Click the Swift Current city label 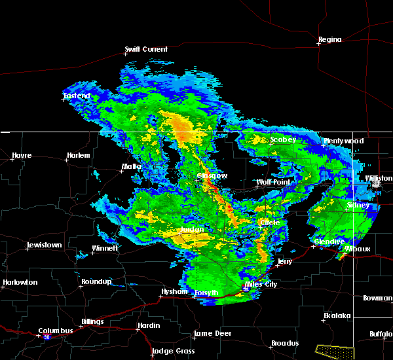coord(146,49)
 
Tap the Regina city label coord(329,40)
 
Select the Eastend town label coord(77,96)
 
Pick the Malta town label coord(132,167)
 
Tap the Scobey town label coord(283,139)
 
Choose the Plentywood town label coord(344,141)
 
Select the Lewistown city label coord(44,245)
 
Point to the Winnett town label coord(105,248)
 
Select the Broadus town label coord(284,343)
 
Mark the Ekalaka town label coord(337,315)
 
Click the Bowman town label coord(377,298)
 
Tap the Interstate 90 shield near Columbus coord(47,337)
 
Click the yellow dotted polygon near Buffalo coord(334,351)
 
